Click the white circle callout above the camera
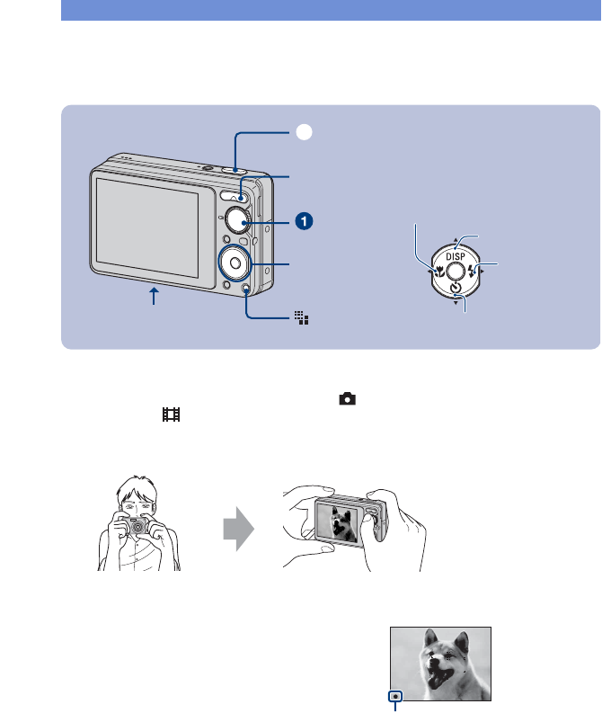305,132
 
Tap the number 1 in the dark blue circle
305,219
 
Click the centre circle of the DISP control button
455,271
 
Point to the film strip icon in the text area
171,414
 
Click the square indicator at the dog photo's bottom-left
395,696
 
